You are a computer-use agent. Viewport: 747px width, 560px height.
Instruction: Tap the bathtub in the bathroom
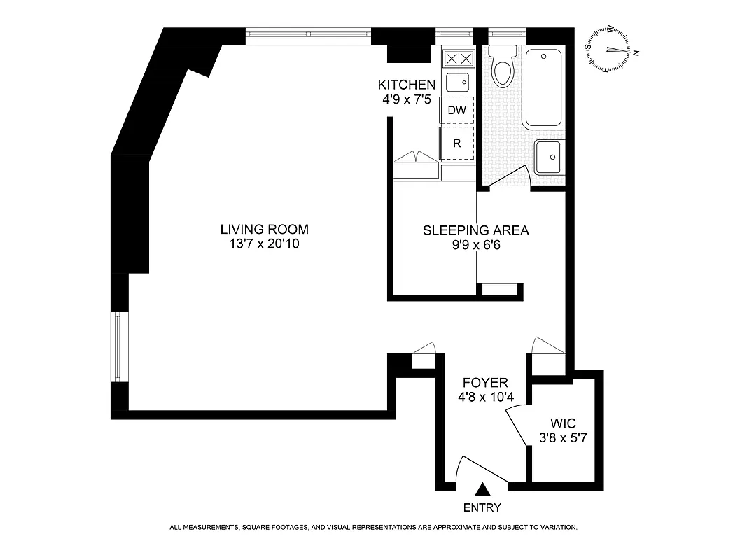543,88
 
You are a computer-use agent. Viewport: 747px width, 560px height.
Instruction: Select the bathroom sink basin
547,157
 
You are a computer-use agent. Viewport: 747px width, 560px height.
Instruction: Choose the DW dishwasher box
456,110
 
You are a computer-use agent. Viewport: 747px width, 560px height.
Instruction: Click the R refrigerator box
456,143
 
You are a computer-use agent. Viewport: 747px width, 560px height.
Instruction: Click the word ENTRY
482,507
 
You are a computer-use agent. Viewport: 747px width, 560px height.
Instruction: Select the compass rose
607,50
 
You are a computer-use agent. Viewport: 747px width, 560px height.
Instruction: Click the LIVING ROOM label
264,229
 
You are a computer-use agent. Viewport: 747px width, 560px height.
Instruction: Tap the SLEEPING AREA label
475,230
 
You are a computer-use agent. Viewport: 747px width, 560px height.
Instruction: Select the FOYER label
485,383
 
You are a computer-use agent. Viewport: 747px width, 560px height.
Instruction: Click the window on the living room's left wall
118,346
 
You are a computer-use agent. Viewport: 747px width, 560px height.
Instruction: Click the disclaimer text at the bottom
373,527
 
